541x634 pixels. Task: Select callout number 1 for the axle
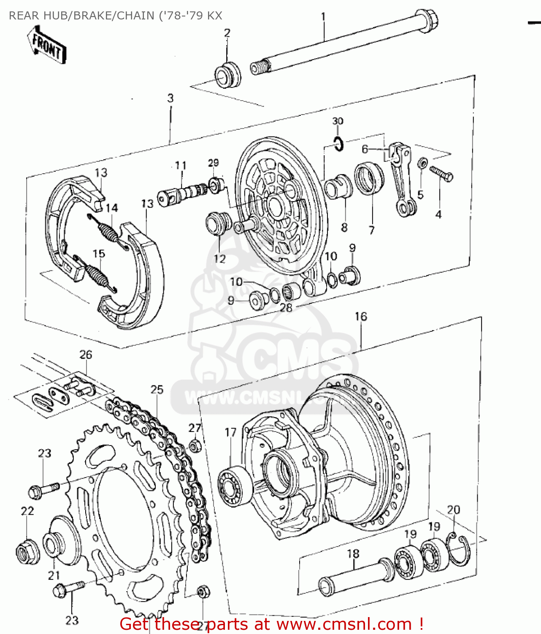(x=323, y=17)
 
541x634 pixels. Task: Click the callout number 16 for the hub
(x=361, y=317)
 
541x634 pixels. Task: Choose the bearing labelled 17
(x=235, y=486)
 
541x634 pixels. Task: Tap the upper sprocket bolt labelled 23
(x=42, y=490)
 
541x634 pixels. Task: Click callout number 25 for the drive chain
(x=157, y=389)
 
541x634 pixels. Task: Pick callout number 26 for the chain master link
(x=86, y=355)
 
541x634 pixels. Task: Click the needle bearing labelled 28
(x=291, y=290)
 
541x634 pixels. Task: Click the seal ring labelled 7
(x=368, y=178)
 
